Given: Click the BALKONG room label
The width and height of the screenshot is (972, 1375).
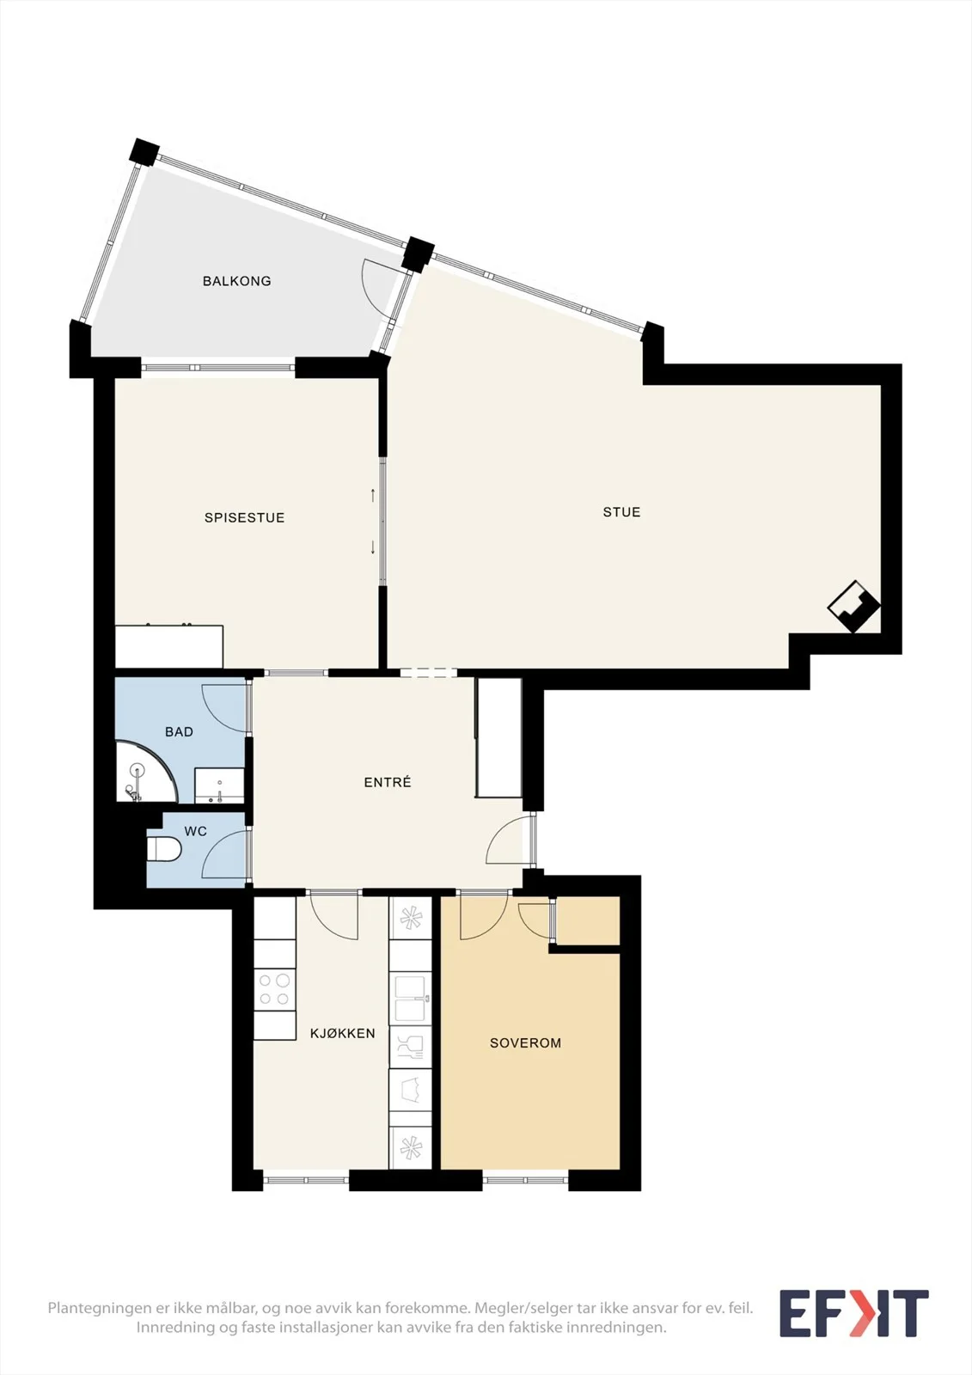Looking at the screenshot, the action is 236,281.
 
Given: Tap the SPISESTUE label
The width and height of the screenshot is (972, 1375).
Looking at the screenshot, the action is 244,517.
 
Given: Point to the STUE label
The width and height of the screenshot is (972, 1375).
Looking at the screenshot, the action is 621,512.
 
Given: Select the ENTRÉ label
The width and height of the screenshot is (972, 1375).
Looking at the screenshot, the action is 388,782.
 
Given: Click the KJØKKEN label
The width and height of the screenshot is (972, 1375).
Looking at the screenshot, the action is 343,1033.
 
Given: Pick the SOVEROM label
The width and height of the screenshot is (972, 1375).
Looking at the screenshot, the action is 526,1042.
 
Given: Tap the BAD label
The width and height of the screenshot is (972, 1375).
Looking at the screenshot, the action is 179,731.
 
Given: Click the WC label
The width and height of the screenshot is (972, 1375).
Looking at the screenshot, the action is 195,831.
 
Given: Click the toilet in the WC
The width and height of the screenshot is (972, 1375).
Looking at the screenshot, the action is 163,850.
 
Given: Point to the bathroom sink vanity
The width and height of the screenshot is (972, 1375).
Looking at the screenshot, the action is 219,785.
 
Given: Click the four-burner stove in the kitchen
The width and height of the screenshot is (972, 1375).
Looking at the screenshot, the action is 274,989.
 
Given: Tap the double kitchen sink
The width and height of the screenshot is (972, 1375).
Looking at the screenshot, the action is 410,999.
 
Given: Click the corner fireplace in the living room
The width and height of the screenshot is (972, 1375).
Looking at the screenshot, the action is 854,607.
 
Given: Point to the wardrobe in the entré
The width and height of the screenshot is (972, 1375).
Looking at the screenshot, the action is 498,738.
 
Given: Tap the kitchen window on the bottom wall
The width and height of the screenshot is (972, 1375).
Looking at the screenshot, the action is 306,1180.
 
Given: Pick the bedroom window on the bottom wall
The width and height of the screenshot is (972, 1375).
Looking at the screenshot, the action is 526,1180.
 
